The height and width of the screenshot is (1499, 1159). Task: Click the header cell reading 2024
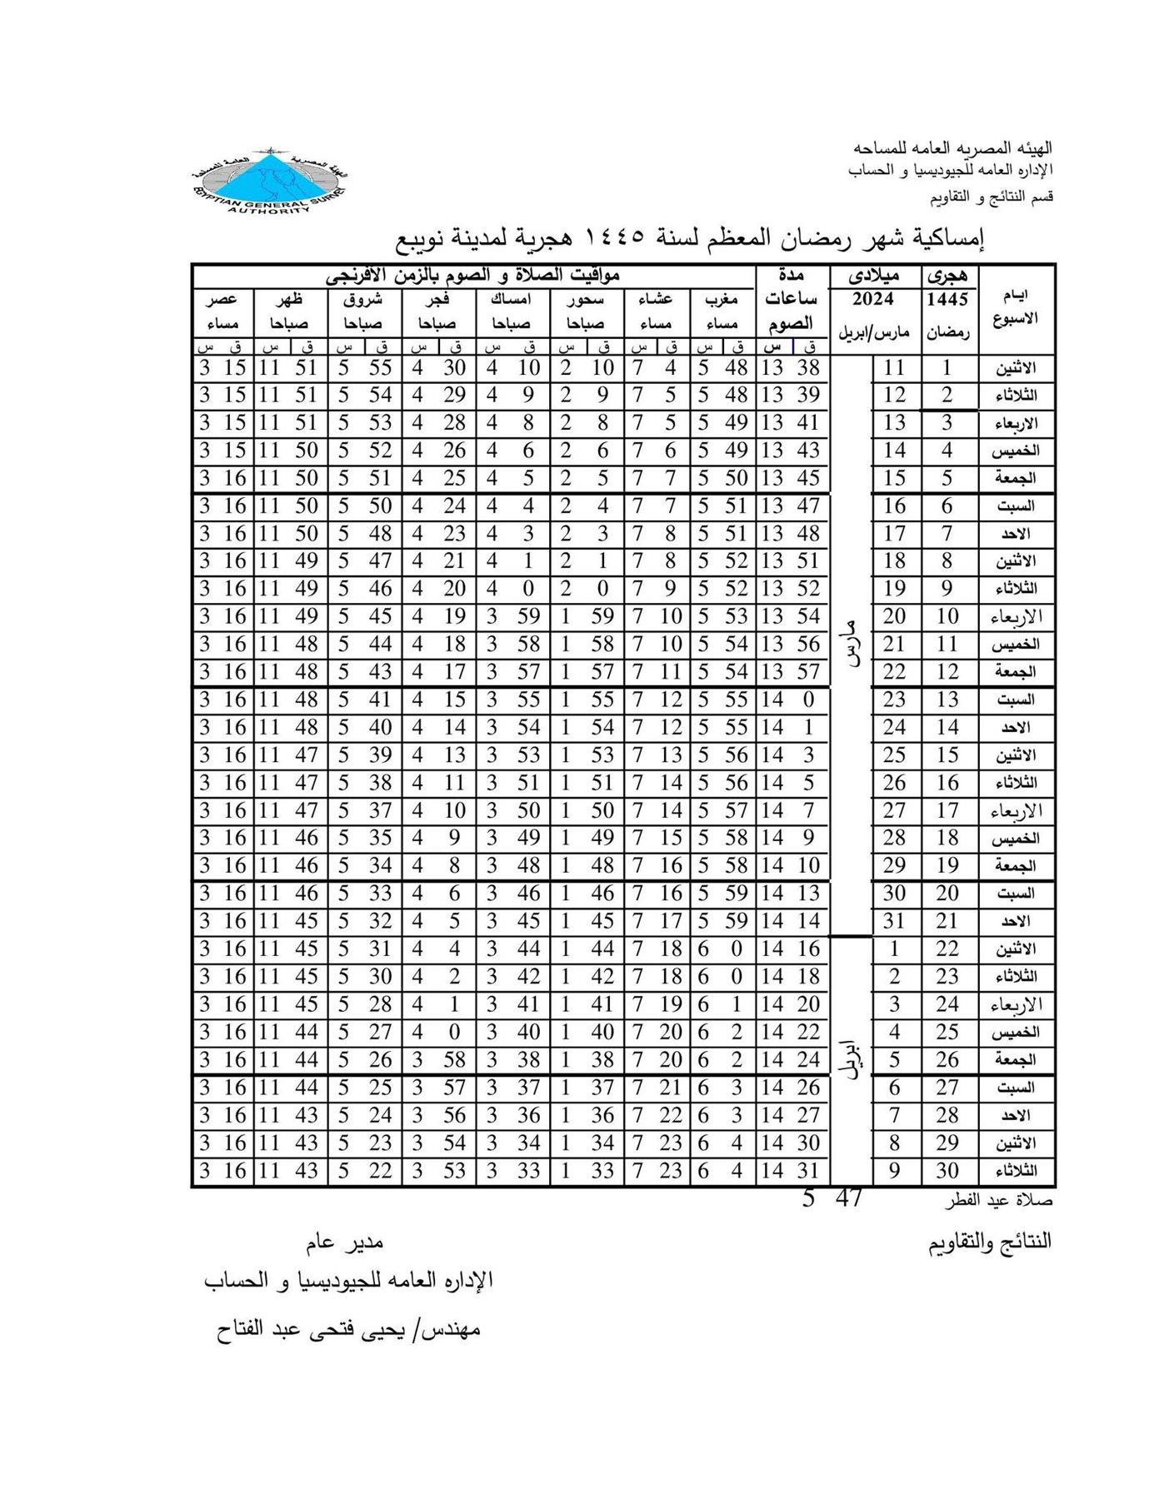(x=873, y=299)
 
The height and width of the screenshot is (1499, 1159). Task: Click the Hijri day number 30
(x=947, y=1171)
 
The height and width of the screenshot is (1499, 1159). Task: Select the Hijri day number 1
(x=947, y=367)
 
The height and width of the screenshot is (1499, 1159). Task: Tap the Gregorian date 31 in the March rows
(x=894, y=921)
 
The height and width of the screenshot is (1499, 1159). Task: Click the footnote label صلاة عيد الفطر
(x=999, y=1202)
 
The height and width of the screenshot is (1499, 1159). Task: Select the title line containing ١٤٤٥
(x=689, y=239)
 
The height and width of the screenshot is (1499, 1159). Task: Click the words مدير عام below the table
(x=346, y=1243)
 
